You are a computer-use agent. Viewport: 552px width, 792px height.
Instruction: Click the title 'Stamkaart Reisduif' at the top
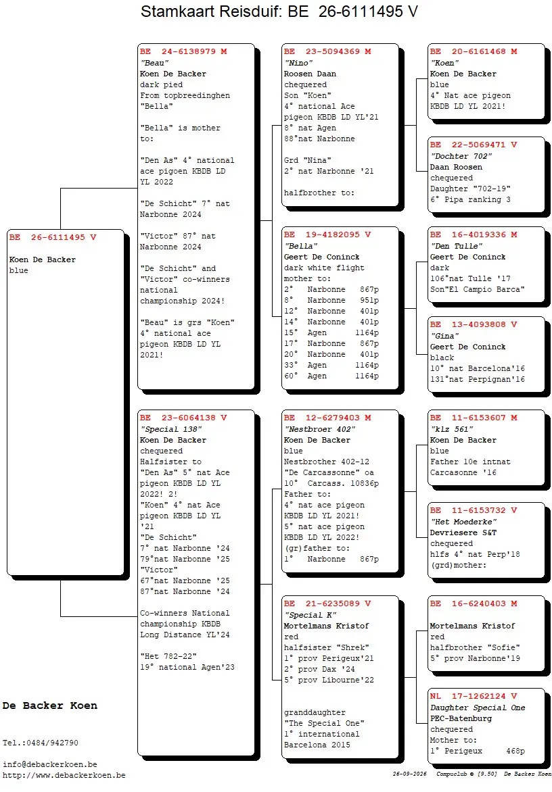pos(211,11)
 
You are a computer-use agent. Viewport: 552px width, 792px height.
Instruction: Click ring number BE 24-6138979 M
pos(183,51)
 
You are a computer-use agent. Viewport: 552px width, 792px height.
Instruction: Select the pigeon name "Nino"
pos(299,63)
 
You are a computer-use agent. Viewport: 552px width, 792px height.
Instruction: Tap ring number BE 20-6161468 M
pos(474,51)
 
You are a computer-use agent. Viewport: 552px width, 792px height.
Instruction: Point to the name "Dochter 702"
pos(461,156)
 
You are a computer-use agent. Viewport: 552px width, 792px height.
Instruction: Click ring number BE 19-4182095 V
pos(327,235)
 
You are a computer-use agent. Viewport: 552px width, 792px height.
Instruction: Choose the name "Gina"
pos(445,336)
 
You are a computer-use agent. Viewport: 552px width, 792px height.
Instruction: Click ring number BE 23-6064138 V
pos(183,418)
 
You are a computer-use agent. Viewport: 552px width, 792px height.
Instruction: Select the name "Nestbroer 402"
pos(320,429)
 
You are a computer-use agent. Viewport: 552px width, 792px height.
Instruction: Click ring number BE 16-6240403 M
pos(474,603)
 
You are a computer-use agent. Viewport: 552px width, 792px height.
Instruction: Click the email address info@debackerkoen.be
pos(50,764)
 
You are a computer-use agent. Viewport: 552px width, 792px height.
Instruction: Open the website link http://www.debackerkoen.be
pos(64,775)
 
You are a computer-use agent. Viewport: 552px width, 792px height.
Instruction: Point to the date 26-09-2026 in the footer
pos(409,774)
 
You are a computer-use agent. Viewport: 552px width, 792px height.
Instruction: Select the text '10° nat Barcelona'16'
pos(478,369)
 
